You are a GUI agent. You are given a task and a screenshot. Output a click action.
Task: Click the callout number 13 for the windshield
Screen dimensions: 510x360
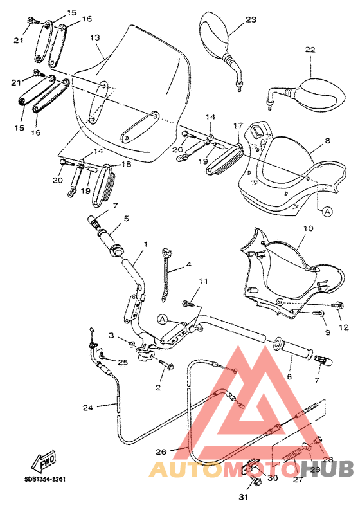coord(95,38)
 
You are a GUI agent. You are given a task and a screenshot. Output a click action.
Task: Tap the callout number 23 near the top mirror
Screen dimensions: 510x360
coord(251,19)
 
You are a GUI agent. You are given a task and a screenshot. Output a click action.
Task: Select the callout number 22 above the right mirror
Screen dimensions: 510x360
coord(310,50)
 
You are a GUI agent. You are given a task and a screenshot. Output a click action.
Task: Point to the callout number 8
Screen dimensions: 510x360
coord(328,140)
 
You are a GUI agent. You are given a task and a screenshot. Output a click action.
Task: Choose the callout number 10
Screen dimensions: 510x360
coord(307,228)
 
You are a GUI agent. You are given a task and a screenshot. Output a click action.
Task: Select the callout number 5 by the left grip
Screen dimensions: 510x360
coord(126,218)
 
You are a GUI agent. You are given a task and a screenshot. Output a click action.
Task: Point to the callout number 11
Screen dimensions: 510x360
coord(203,282)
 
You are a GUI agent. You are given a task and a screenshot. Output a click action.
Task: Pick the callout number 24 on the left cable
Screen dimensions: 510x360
coord(88,407)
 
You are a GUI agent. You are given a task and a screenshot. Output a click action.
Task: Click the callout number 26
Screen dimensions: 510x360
coord(161,451)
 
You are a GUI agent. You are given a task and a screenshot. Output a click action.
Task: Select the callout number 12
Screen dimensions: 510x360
coord(344,327)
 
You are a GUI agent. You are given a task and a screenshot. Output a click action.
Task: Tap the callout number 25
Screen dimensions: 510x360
coord(123,363)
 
